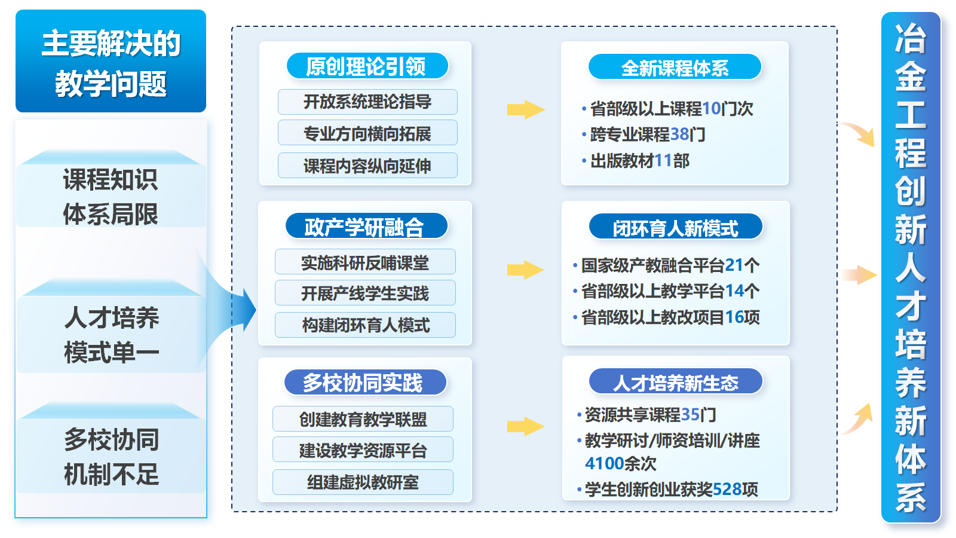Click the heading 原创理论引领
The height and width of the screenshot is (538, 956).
(367, 66)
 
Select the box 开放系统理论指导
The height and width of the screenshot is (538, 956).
(367, 102)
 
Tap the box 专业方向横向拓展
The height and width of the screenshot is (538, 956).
(367, 133)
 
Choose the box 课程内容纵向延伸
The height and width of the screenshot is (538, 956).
(367, 166)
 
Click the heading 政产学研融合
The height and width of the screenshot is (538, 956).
(366, 227)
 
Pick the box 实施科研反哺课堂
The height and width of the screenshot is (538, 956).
(365, 262)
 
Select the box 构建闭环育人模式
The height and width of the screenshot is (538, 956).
(365, 325)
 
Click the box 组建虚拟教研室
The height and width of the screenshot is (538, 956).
(363, 482)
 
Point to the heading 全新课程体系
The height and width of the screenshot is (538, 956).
(675, 68)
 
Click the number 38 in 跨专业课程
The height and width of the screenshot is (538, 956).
(680, 134)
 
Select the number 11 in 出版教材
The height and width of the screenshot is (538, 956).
(663, 161)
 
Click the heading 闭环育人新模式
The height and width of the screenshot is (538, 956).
(675, 228)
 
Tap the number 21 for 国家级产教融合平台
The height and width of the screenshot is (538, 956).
(734, 265)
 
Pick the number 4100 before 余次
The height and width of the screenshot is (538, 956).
(605, 463)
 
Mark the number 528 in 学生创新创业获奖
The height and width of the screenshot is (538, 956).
(727, 489)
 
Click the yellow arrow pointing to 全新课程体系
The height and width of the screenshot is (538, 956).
(525, 109)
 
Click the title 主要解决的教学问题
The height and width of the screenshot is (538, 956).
(111, 62)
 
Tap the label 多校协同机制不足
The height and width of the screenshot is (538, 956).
(111, 457)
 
